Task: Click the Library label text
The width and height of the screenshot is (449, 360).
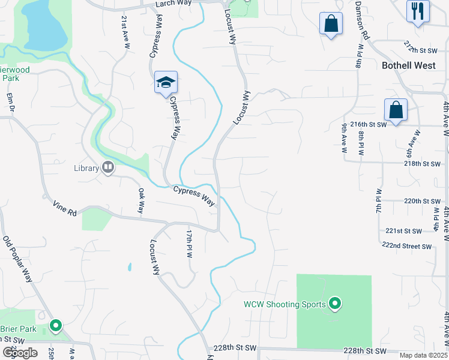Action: pyautogui.click(x=86, y=168)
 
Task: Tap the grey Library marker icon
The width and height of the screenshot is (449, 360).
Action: pyautogui.click(x=108, y=167)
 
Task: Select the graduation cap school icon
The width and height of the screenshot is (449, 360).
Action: pyautogui.click(x=165, y=83)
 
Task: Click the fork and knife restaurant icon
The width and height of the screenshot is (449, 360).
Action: pyautogui.click(x=417, y=10)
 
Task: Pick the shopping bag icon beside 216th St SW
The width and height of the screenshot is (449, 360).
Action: pyautogui.click(x=396, y=110)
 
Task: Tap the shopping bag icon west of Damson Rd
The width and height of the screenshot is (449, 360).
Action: pyautogui.click(x=331, y=23)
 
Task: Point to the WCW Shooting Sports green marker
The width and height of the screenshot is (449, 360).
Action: pyautogui.click(x=335, y=305)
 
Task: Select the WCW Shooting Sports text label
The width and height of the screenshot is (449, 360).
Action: pyautogui.click(x=285, y=304)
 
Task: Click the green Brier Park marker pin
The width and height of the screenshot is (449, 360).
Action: pyautogui.click(x=56, y=326)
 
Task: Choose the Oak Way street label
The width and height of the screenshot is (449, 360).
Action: pyautogui.click(x=141, y=202)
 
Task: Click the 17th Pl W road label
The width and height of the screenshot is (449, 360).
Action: pyautogui.click(x=188, y=242)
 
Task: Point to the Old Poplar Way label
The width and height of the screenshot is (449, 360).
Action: pyautogui.click(x=17, y=259)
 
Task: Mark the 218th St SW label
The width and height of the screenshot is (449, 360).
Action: pyautogui.click(x=422, y=163)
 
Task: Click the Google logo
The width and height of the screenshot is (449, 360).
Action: pyautogui.click(x=20, y=352)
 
